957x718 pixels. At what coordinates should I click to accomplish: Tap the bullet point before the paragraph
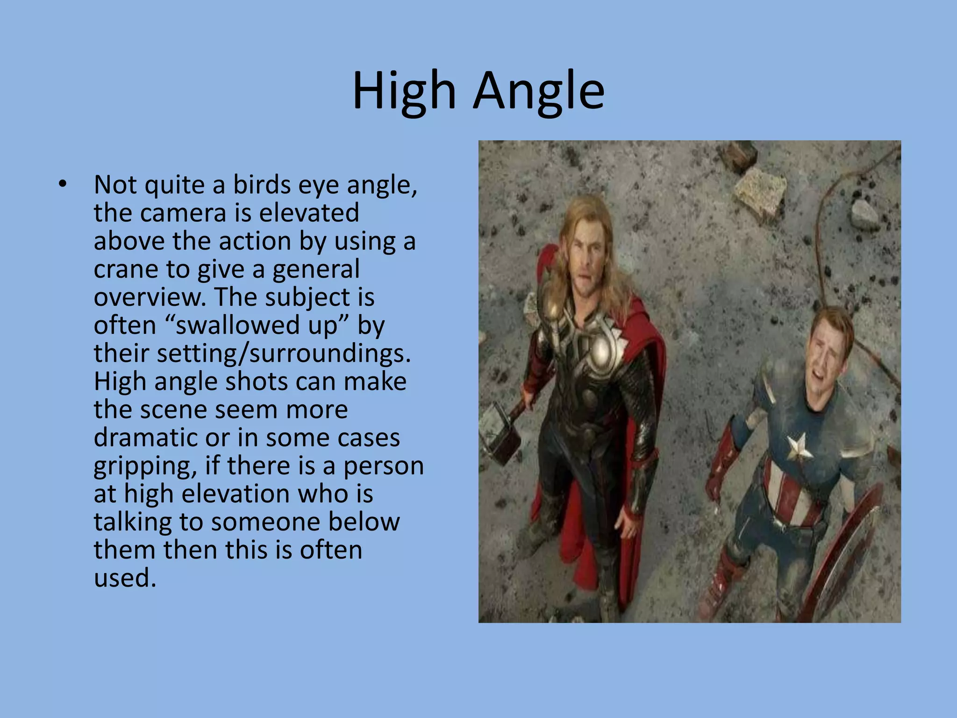(63, 185)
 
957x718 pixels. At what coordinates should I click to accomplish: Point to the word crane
(125, 269)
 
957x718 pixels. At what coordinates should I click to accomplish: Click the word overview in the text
(150, 297)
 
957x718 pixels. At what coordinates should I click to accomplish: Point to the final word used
(124, 578)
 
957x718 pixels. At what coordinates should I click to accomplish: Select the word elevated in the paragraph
(308, 213)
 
